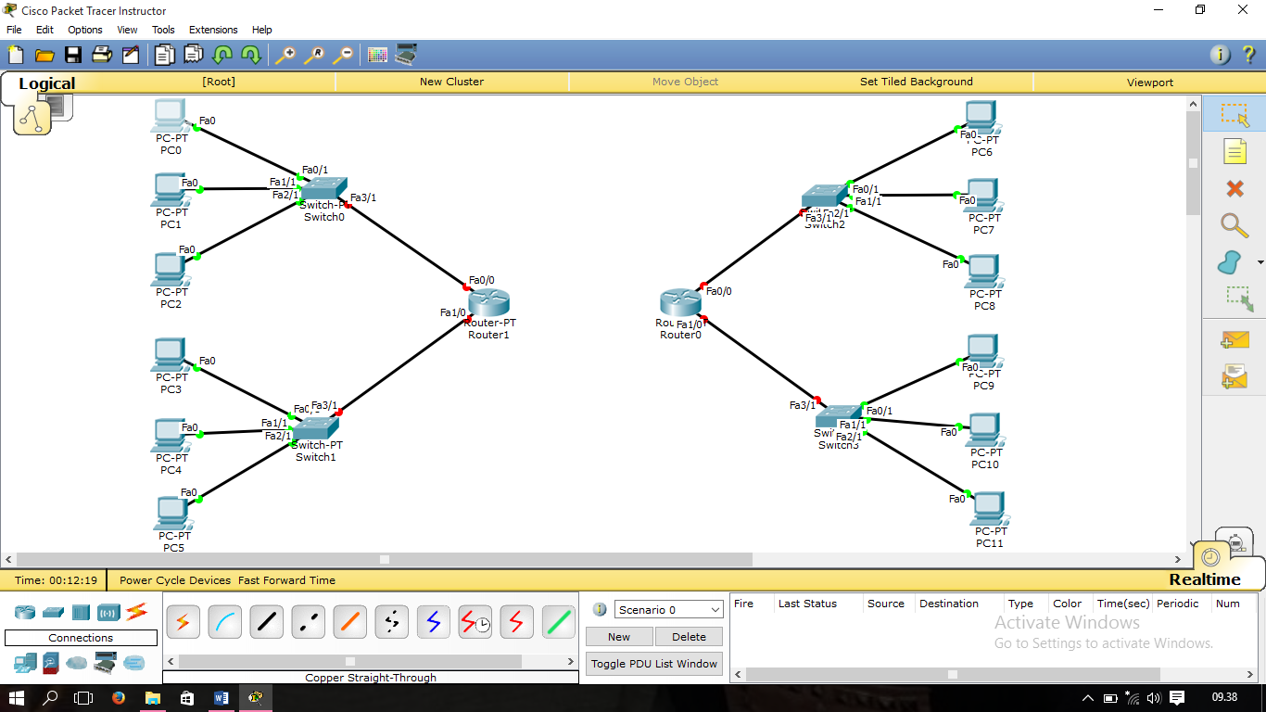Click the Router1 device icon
[489, 302]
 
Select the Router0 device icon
[680, 302]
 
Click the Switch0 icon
[323, 188]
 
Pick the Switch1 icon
[316, 427]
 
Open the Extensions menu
[213, 30]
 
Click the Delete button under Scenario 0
[689, 637]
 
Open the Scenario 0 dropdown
[668, 610]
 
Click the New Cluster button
[451, 82]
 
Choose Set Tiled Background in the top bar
[916, 82]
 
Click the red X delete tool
[1234, 189]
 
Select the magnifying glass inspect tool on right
[1234, 225]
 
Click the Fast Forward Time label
[286, 580]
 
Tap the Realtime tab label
[1204, 579]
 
